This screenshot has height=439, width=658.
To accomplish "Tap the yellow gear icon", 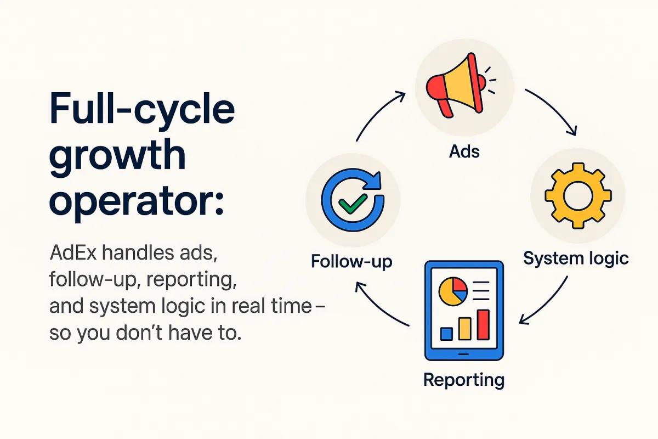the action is coord(578,195).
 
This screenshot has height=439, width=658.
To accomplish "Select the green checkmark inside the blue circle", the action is coord(353,204).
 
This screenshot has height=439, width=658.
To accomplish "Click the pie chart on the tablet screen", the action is coord(453,291).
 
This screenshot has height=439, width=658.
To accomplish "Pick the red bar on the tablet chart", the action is coord(483,325).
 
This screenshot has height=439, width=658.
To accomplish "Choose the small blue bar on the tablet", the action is coord(446,334).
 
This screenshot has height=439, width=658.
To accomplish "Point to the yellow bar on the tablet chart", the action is coord(465,329).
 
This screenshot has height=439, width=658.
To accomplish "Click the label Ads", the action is coord(464,151).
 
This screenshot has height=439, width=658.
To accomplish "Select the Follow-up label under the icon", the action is coord(351,261).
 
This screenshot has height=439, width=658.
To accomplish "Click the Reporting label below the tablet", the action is coord(464,380).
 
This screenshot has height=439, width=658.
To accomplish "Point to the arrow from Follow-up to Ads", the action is coord(377,112).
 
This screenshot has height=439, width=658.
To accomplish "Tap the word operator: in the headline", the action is coord(137,202).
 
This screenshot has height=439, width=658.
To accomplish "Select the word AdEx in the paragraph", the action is coord(73,252).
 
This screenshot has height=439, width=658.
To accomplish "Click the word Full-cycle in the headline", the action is coord(142,109).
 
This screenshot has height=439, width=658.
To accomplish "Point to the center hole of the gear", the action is coord(578,196).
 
